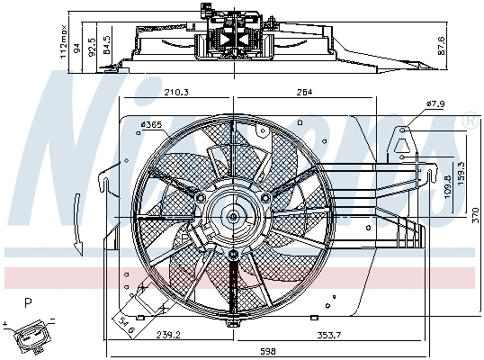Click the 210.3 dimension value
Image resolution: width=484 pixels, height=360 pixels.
175,91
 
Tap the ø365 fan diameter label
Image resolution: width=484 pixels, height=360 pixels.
151,124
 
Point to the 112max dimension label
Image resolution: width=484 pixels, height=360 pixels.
64,40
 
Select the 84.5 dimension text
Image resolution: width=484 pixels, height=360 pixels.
107,45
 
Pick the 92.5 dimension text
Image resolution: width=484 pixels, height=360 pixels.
93,44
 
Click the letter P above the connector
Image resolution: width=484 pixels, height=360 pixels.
29,304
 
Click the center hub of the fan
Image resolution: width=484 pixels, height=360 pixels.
233,215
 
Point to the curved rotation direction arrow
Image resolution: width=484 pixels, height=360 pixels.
79,221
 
